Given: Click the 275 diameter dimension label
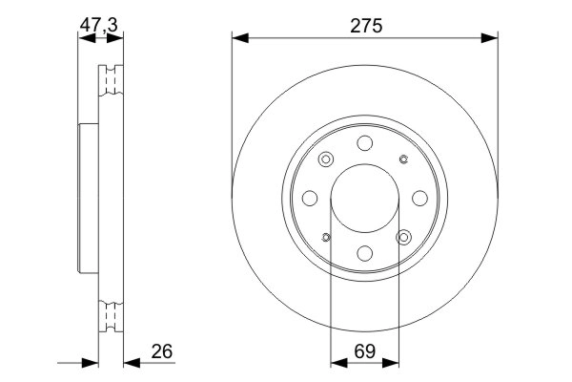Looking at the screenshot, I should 365,26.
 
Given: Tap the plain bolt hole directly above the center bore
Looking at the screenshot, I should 366,143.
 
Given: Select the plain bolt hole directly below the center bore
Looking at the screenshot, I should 366,253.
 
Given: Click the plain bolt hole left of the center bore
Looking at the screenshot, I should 311,198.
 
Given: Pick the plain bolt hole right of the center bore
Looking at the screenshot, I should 420,198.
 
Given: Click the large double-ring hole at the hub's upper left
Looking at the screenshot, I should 327,159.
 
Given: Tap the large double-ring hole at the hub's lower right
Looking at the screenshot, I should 404,237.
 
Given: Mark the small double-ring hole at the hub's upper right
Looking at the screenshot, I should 404,159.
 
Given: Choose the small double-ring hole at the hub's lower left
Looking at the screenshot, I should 327,237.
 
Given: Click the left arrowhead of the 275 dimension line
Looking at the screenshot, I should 239,38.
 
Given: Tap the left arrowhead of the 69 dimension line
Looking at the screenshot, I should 337,363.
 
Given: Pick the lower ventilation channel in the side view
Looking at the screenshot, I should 112,314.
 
